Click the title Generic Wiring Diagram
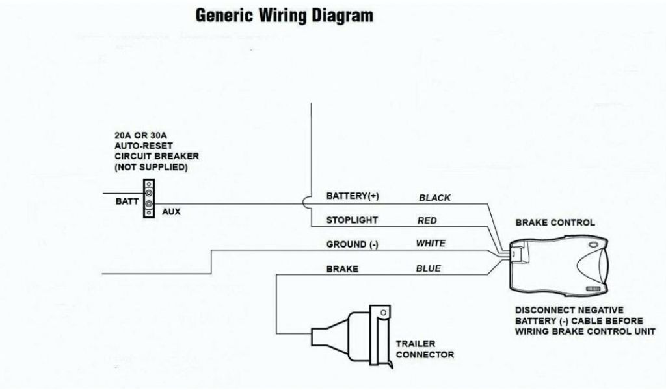click(284, 16)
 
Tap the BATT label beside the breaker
click(127, 201)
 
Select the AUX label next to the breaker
click(171, 212)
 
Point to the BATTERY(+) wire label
click(352, 196)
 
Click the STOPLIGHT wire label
click(351, 220)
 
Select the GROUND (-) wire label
click(352, 244)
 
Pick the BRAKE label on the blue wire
click(342, 268)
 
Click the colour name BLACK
click(434, 198)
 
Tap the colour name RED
click(427, 221)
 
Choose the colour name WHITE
click(431, 244)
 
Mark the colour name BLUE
click(428, 268)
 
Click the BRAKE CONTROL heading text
click(555, 222)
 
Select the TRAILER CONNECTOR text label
click(425, 349)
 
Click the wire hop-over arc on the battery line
click(307, 203)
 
